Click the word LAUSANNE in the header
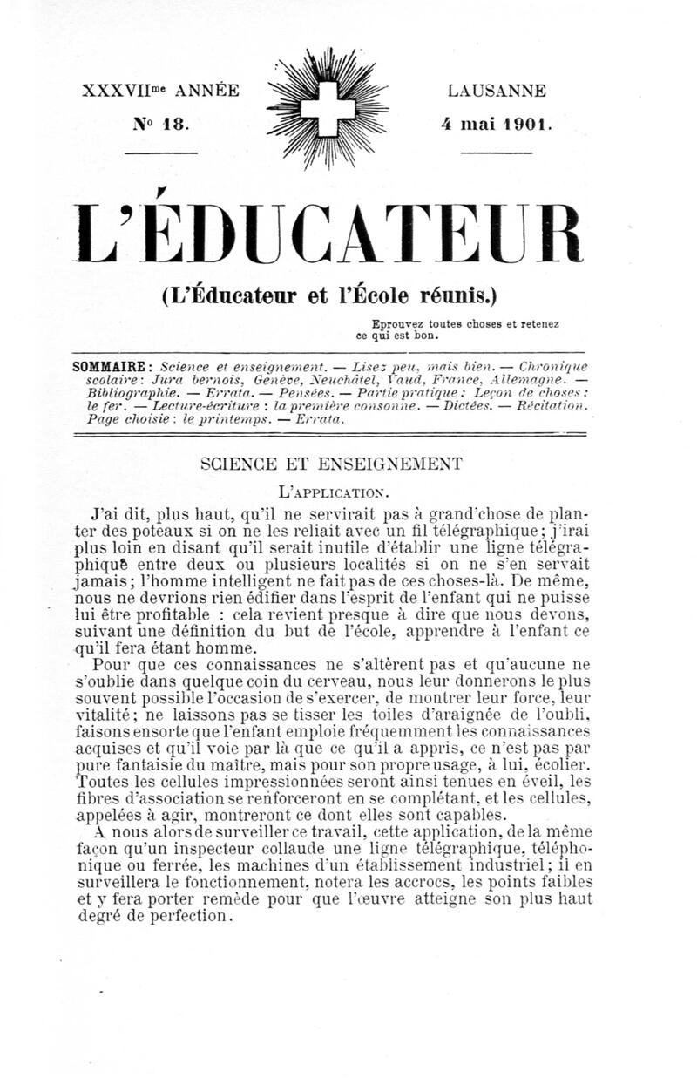(x=497, y=91)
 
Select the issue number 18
(x=174, y=124)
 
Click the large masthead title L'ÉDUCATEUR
(x=329, y=234)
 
